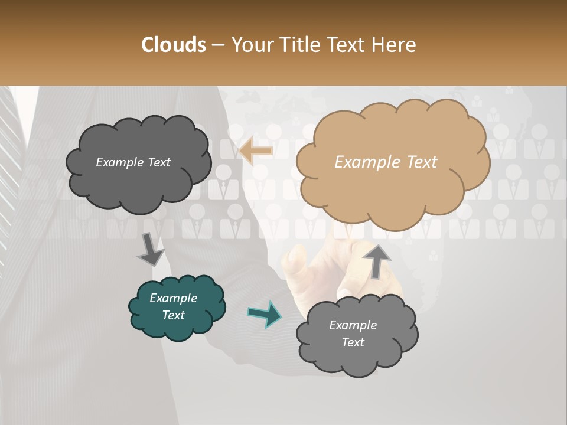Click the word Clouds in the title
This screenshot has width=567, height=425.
coord(174,45)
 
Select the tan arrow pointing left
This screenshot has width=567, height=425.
coord(255,151)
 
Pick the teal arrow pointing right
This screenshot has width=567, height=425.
coord(265,314)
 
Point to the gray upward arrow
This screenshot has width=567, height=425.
coord(377,260)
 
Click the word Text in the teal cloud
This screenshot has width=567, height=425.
coord(174,315)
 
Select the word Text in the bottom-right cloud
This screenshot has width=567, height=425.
coord(353,342)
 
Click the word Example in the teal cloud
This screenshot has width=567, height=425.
coord(174,298)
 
